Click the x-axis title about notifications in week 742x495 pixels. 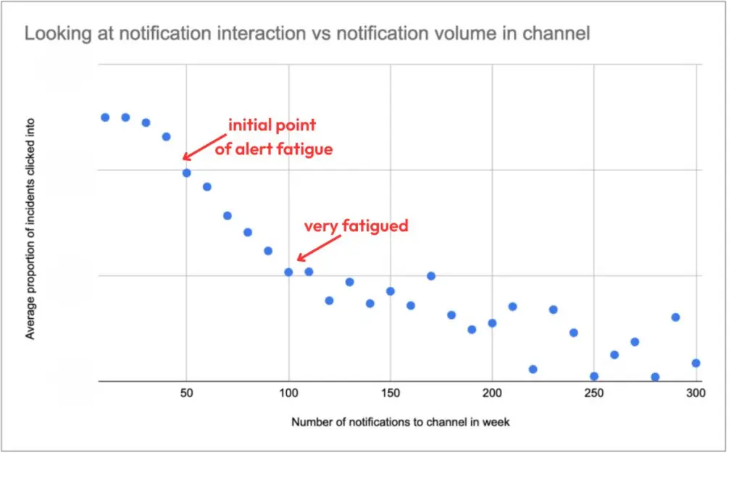coord(400,422)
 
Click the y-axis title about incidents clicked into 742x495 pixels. coord(30,229)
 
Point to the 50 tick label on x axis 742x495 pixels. coord(186,394)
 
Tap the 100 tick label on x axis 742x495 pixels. coord(288,394)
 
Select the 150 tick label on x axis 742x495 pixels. coord(391,394)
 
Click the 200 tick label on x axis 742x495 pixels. coord(492,394)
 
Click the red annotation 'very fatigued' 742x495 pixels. coord(356,225)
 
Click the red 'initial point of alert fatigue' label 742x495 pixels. coord(273,137)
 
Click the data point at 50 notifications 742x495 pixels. coord(186,172)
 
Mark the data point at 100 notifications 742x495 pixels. coord(288,273)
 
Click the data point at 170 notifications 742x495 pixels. coord(431,275)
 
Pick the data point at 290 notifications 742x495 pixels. coord(675,317)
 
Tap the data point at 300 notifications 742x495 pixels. coord(696,363)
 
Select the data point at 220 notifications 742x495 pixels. coord(533,369)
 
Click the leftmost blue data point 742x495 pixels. coord(105,117)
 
